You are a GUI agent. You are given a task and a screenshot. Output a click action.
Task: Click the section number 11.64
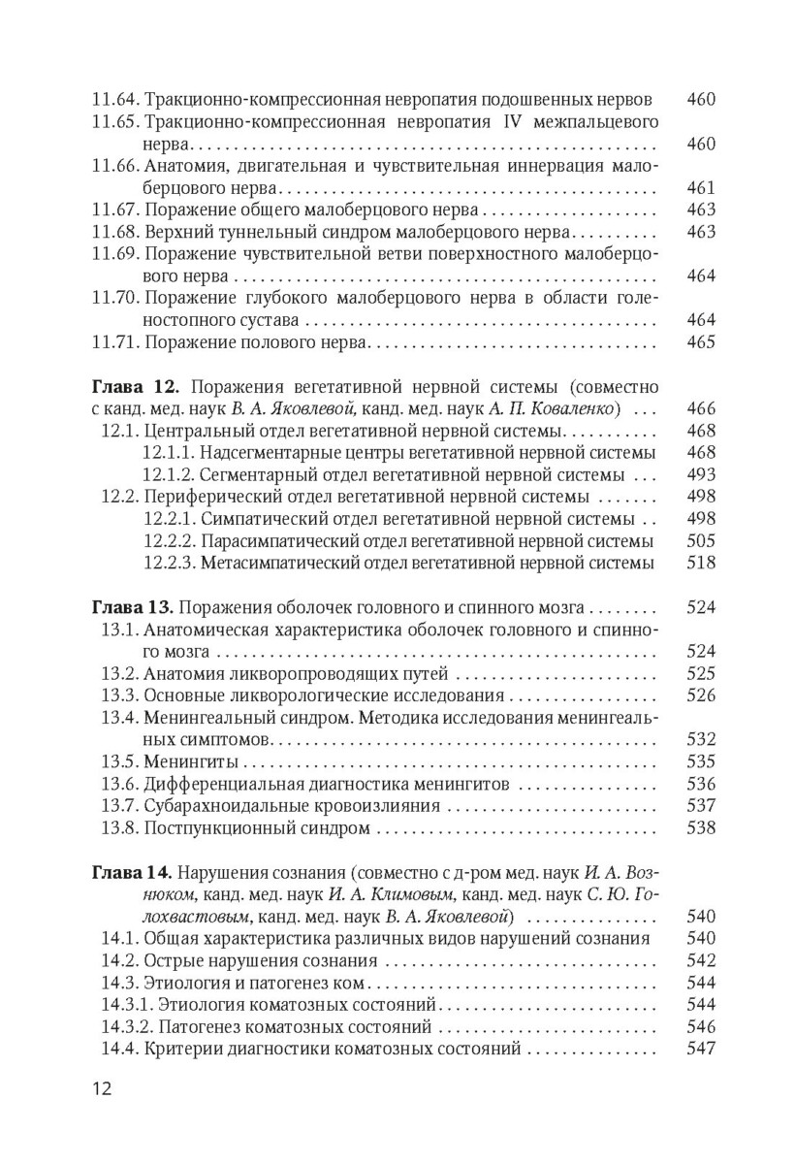tap(115, 100)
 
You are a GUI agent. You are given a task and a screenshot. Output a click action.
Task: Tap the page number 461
tap(700, 188)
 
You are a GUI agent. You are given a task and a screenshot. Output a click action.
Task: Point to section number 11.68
tap(115, 232)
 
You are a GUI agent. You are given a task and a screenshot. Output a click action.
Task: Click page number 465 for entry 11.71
tap(700, 342)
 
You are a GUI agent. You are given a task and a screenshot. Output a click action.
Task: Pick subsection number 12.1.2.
tap(171, 474)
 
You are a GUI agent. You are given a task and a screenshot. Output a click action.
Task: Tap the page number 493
tap(700, 474)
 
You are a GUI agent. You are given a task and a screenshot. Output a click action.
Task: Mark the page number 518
tap(700, 563)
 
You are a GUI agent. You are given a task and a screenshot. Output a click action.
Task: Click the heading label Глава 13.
tap(131, 608)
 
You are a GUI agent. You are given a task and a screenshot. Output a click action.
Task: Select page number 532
tap(700, 740)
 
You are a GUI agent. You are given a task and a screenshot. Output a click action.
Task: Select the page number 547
tap(700, 1049)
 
